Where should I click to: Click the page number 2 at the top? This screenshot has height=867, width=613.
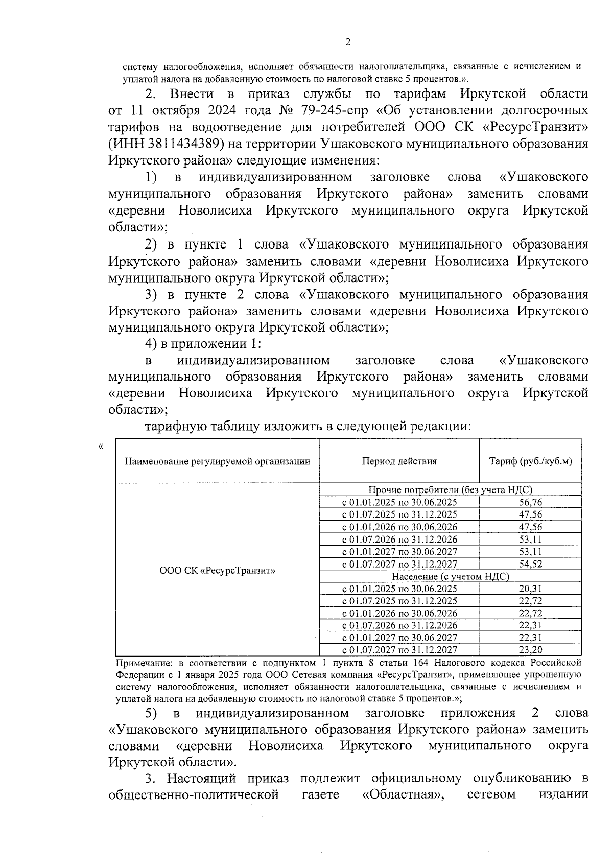(x=348, y=43)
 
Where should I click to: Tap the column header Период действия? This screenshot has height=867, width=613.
(x=399, y=461)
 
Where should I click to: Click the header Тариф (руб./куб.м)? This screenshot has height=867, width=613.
(x=530, y=461)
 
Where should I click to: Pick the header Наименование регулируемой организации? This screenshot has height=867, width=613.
(x=218, y=461)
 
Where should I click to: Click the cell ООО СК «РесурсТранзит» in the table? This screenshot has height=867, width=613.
(x=218, y=570)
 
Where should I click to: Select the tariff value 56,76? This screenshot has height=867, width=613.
(x=530, y=503)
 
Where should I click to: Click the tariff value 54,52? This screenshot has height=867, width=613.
(x=530, y=565)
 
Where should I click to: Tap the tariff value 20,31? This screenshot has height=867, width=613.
(x=530, y=589)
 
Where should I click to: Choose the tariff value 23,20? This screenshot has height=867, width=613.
(x=530, y=650)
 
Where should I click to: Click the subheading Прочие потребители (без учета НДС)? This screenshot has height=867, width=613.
(x=450, y=490)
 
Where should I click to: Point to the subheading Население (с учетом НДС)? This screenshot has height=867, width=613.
(x=450, y=577)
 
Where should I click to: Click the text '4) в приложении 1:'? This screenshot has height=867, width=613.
(x=203, y=344)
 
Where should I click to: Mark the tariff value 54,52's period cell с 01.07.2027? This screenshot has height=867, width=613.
(x=399, y=565)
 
